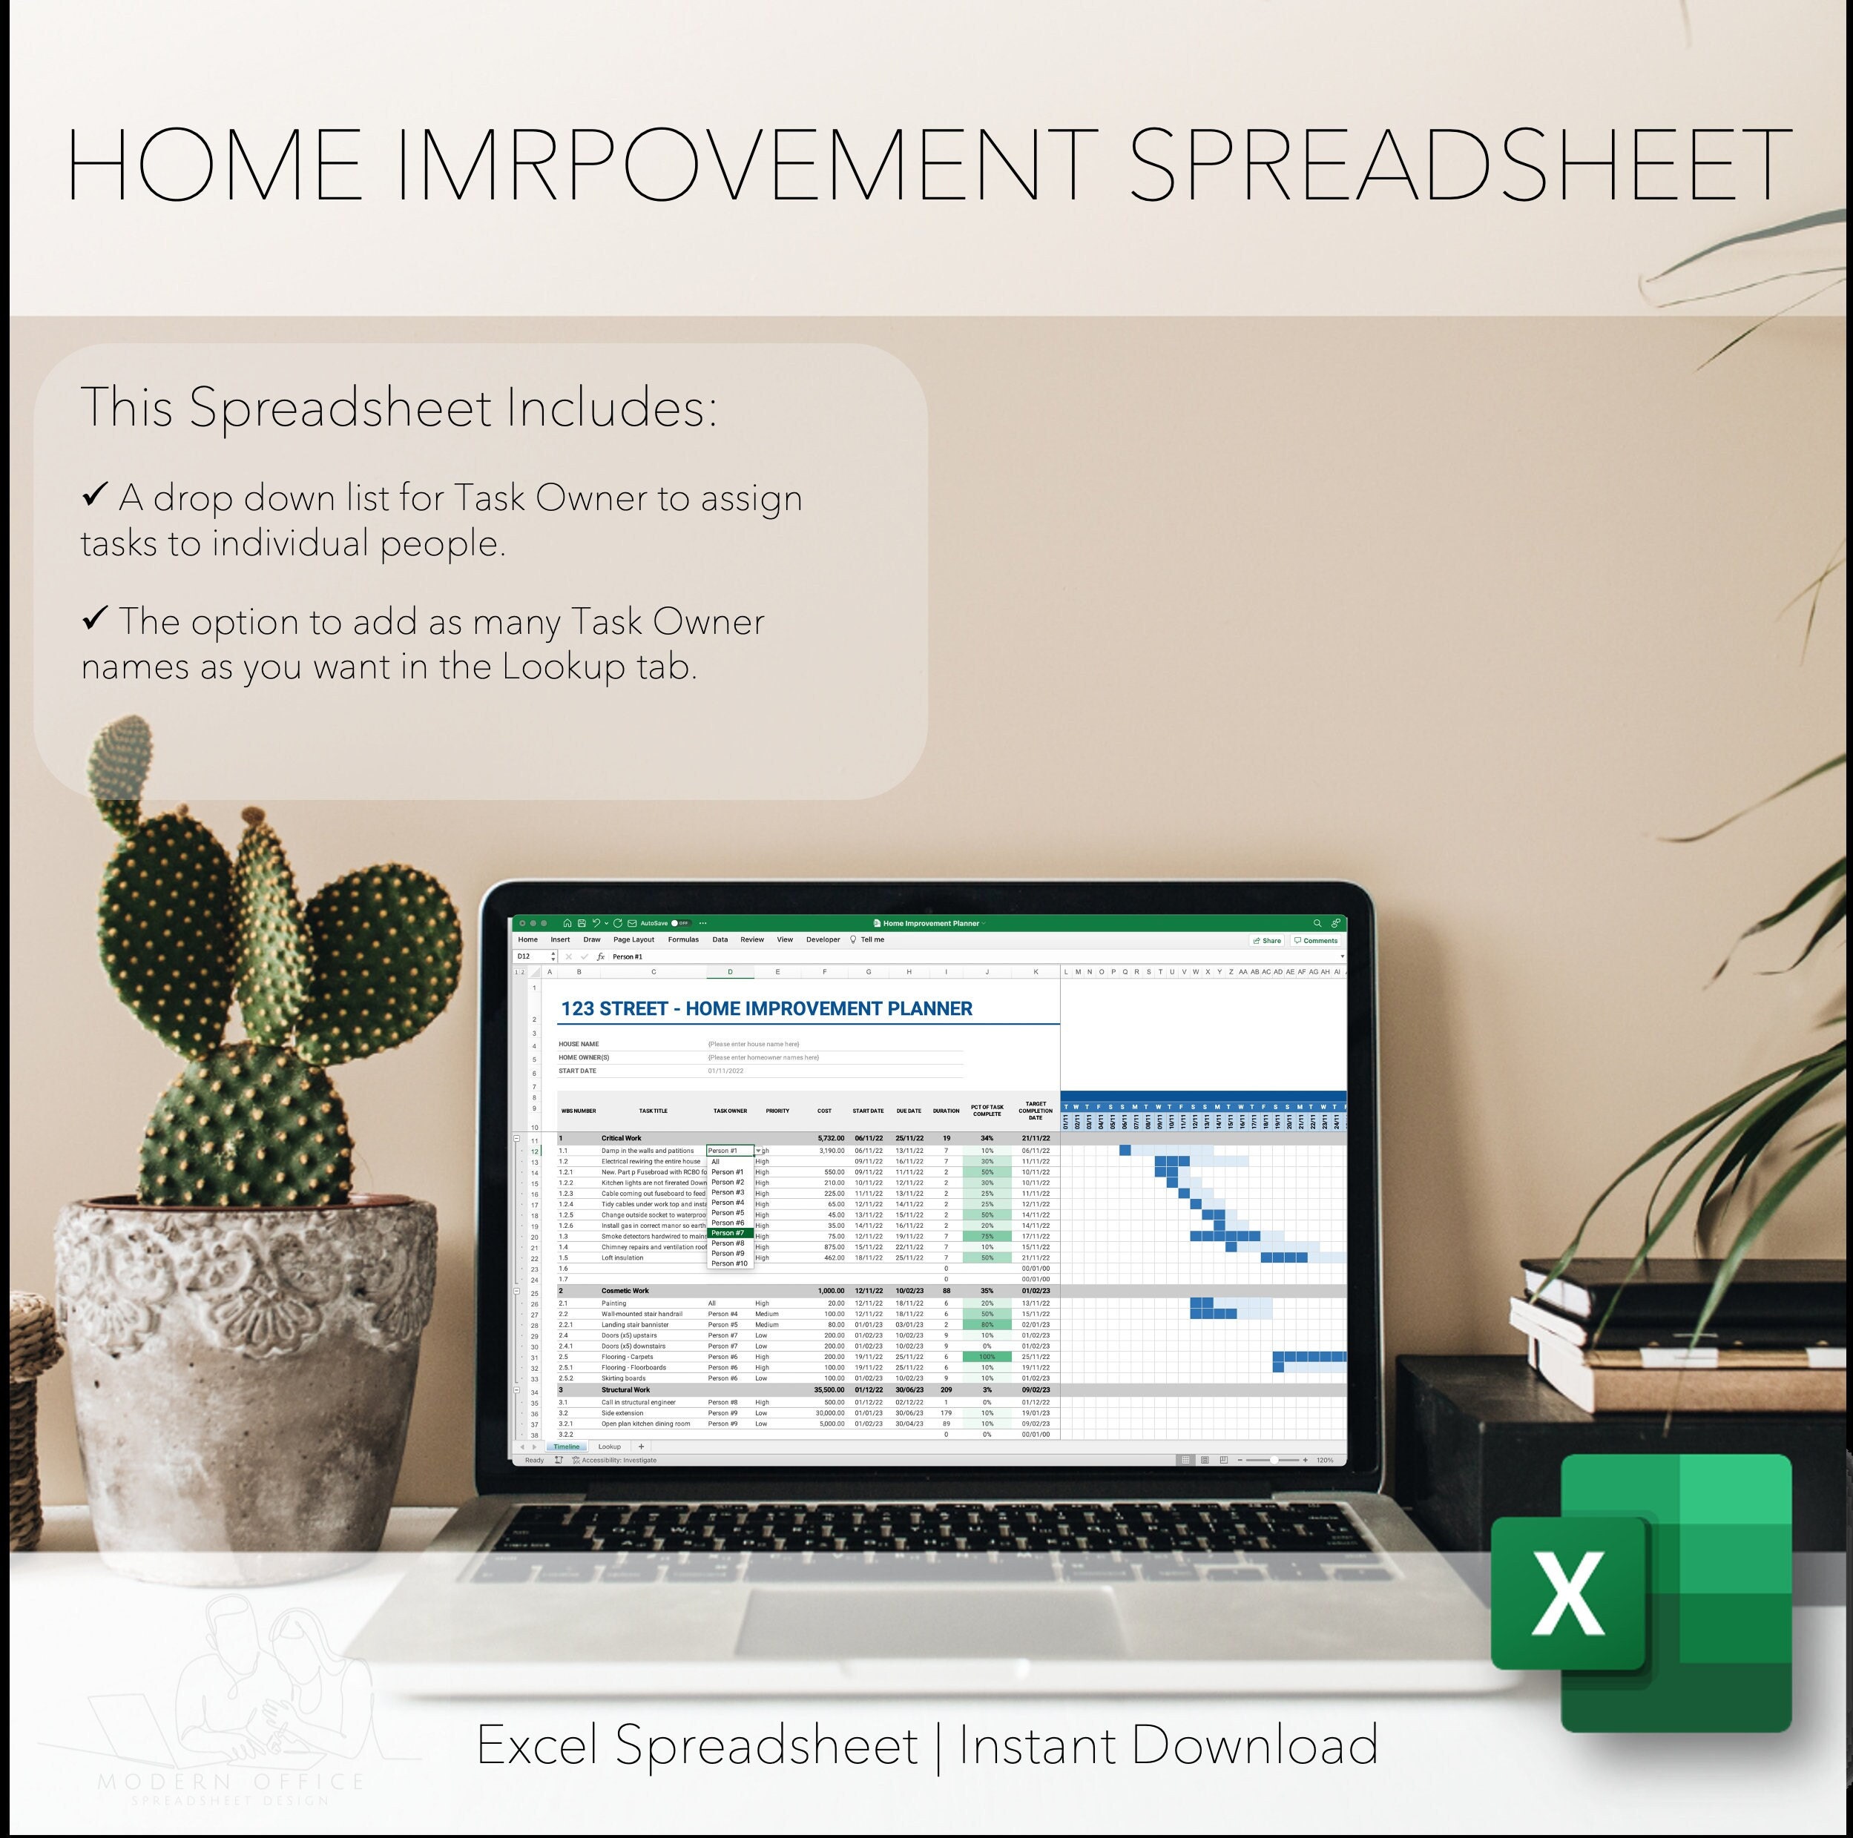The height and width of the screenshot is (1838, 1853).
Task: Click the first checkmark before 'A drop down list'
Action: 94,494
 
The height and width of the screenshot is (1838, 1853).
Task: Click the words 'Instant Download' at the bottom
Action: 1168,1745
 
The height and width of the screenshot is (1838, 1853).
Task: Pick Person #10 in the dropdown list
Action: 729,1263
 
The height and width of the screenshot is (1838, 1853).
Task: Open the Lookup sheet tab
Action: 609,1447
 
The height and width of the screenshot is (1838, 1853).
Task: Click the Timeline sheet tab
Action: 566,1447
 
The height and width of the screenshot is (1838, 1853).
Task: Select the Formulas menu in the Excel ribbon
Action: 683,939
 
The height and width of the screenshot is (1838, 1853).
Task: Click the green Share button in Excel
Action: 1267,941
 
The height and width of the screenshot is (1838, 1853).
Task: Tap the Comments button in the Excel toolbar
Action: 1316,941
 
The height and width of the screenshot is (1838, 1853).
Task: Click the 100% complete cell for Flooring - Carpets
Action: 987,1357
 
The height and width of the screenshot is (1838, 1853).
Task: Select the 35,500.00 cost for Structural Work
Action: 829,1389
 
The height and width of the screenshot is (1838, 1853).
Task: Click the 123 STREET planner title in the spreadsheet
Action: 766,1008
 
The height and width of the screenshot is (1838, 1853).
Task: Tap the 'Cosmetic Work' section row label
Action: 625,1291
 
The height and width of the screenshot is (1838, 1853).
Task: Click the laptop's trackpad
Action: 926,1628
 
